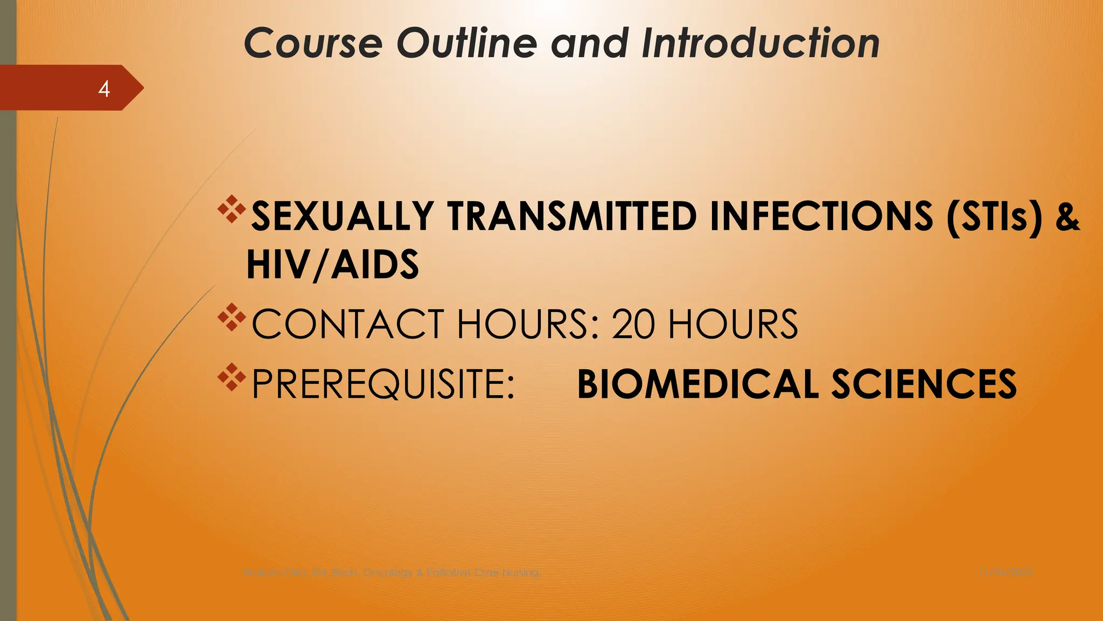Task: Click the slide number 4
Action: (104, 88)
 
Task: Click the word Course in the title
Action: (313, 43)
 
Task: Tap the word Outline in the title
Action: (466, 43)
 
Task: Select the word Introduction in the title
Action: (760, 43)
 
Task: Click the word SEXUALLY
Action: (343, 217)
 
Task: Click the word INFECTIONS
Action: (821, 217)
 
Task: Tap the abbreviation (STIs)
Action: (994, 217)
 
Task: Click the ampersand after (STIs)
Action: (1067, 217)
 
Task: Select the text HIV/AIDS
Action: (332, 265)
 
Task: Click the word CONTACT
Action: (348, 325)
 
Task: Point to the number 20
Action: (633, 325)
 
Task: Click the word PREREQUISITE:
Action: (383, 384)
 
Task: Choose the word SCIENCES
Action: (924, 384)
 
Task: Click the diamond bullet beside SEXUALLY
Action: (232, 210)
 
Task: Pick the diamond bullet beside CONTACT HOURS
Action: (232, 318)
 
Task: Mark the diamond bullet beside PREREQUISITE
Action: (232, 377)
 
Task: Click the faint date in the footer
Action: (1006, 572)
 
